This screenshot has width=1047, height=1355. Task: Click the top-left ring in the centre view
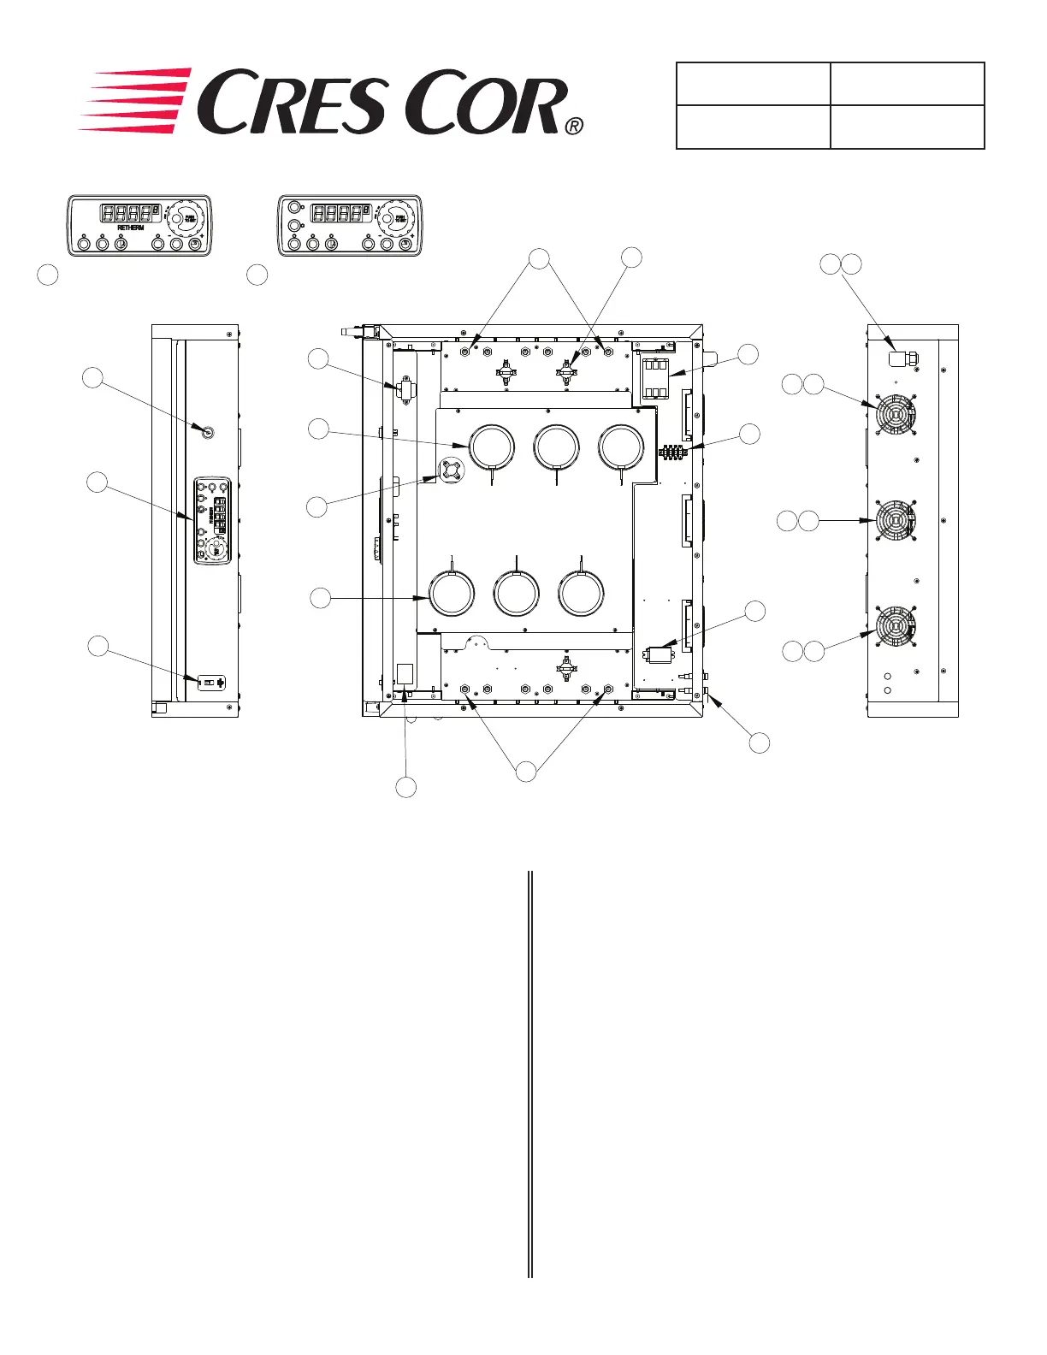492,447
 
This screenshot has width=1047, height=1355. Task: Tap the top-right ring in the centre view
621,447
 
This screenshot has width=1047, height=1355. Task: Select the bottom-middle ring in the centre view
517,593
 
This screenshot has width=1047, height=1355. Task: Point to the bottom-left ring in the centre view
451,593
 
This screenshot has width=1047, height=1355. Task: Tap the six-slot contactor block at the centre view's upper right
656,378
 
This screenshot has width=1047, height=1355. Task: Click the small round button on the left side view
207,433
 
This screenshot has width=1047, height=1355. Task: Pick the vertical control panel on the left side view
212,520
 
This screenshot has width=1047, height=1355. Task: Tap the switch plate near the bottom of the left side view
212,682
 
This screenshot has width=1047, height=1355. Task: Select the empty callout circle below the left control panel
49,275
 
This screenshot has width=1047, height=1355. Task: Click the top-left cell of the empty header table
753,84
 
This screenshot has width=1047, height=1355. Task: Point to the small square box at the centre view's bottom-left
405,673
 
